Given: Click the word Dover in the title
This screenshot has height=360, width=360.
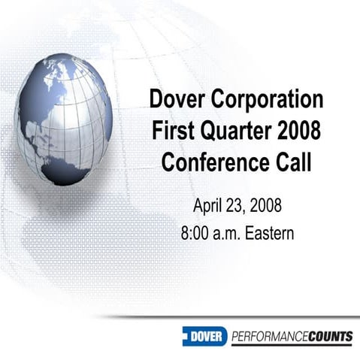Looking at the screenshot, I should pos(177,98).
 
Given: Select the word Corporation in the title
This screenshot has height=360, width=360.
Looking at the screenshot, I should pos(265,98).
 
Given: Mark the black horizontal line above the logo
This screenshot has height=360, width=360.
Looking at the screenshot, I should pos(248,316).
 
